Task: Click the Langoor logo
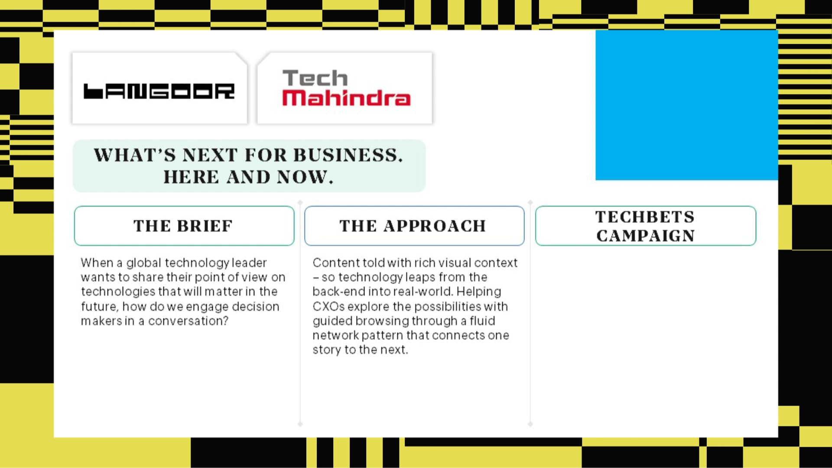click(159, 91)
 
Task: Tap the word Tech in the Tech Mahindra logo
click(315, 78)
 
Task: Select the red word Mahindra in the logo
click(346, 98)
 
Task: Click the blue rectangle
click(686, 105)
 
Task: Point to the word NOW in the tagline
click(305, 177)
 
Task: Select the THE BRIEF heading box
click(184, 226)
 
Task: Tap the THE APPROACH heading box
click(414, 226)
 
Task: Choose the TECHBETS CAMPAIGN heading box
click(645, 226)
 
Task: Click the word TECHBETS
click(645, 217)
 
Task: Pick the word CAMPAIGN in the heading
click(645, 236)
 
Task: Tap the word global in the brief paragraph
click(143, 263)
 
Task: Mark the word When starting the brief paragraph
click(97, 263)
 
